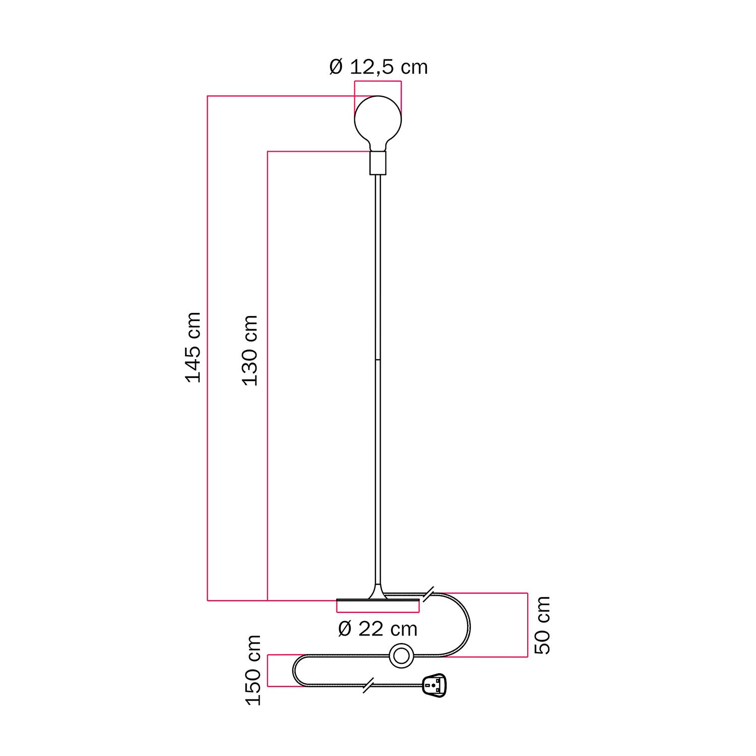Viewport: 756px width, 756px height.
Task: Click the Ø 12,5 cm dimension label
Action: [379, 67]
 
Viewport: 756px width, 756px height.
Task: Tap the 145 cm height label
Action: [194, 347]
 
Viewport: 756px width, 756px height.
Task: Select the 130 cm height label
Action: [250, 350]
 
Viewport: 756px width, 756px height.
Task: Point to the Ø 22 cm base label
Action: [378, 628]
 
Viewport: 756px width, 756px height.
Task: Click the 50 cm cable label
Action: [542, 625]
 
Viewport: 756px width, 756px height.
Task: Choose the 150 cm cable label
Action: [253, 670]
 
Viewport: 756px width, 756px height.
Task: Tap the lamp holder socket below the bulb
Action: [378, 163]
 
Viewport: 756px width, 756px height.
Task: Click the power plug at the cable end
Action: [434, 685]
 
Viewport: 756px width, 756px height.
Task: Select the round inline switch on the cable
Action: [402, 656]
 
